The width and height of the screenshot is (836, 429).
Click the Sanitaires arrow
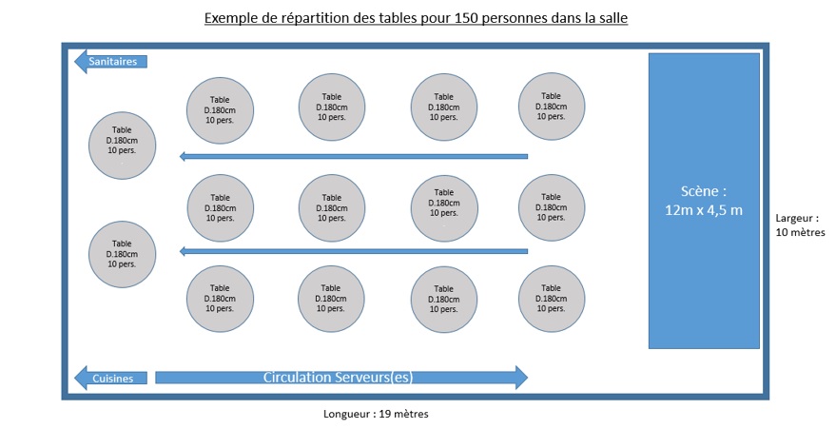(110, 61)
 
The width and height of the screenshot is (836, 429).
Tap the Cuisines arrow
(110, 378)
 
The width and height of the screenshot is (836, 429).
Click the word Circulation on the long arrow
(297, 378)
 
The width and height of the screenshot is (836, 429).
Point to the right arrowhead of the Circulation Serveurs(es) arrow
(521, 378)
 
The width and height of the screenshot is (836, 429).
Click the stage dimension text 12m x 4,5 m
(703, 210)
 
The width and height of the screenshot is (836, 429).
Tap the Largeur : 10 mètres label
(800, 224)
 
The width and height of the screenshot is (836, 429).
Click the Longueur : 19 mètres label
(376, 414)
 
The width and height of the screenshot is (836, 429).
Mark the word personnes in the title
(509, 19)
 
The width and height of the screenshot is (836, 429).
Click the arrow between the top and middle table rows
(354, 156)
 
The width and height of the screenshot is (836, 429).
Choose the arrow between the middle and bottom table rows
(354, 251)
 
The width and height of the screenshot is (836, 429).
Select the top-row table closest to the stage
(552, 107)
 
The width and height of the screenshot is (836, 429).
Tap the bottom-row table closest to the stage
(552, 299)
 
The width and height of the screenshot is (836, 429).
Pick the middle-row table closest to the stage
(552, 207)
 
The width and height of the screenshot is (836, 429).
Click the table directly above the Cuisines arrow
(122, 254)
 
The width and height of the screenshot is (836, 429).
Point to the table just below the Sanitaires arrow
(122, 146)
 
